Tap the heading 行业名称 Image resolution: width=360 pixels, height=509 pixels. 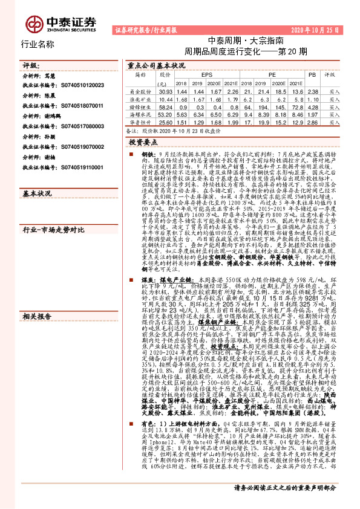[x=38, y=44]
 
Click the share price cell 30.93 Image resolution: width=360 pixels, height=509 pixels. [x=165, y=90]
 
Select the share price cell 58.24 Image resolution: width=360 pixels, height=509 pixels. [x=165, y=106]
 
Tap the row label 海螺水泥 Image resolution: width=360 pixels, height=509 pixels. [x=140, y=114]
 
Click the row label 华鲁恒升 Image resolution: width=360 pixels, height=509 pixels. [x=140, y=122]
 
